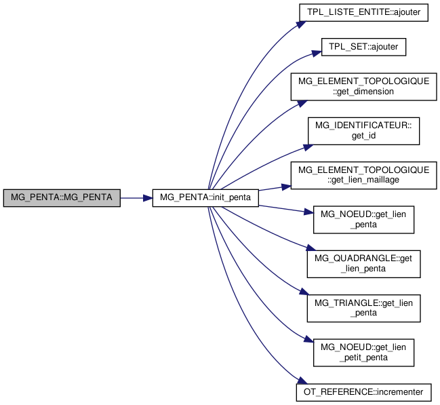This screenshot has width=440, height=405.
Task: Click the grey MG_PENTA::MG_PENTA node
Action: (62, 198)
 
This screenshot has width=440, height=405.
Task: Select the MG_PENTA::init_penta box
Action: (205, 198)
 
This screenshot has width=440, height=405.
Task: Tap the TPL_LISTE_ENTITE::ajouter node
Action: (363, 13)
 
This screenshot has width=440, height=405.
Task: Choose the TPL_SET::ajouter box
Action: (363, 47)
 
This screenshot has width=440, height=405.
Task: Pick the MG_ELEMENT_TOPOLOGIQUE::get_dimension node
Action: (363, 86)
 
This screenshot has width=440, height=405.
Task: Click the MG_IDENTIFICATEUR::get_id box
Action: (363, 130)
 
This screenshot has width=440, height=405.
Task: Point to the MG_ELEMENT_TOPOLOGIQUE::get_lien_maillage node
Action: (363, 174)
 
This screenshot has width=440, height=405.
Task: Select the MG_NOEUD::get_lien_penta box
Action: (363, 219)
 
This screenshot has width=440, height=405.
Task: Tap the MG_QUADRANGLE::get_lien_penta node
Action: (363, 263)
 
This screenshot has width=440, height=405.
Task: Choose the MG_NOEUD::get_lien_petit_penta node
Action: (363, 352)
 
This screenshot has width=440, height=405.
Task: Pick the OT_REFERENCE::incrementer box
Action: (363, 391)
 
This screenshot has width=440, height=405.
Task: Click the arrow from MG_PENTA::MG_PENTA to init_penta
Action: (136, 198)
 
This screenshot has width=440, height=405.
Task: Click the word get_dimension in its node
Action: (363, 92)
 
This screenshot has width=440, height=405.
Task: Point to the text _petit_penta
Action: (363, 358)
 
